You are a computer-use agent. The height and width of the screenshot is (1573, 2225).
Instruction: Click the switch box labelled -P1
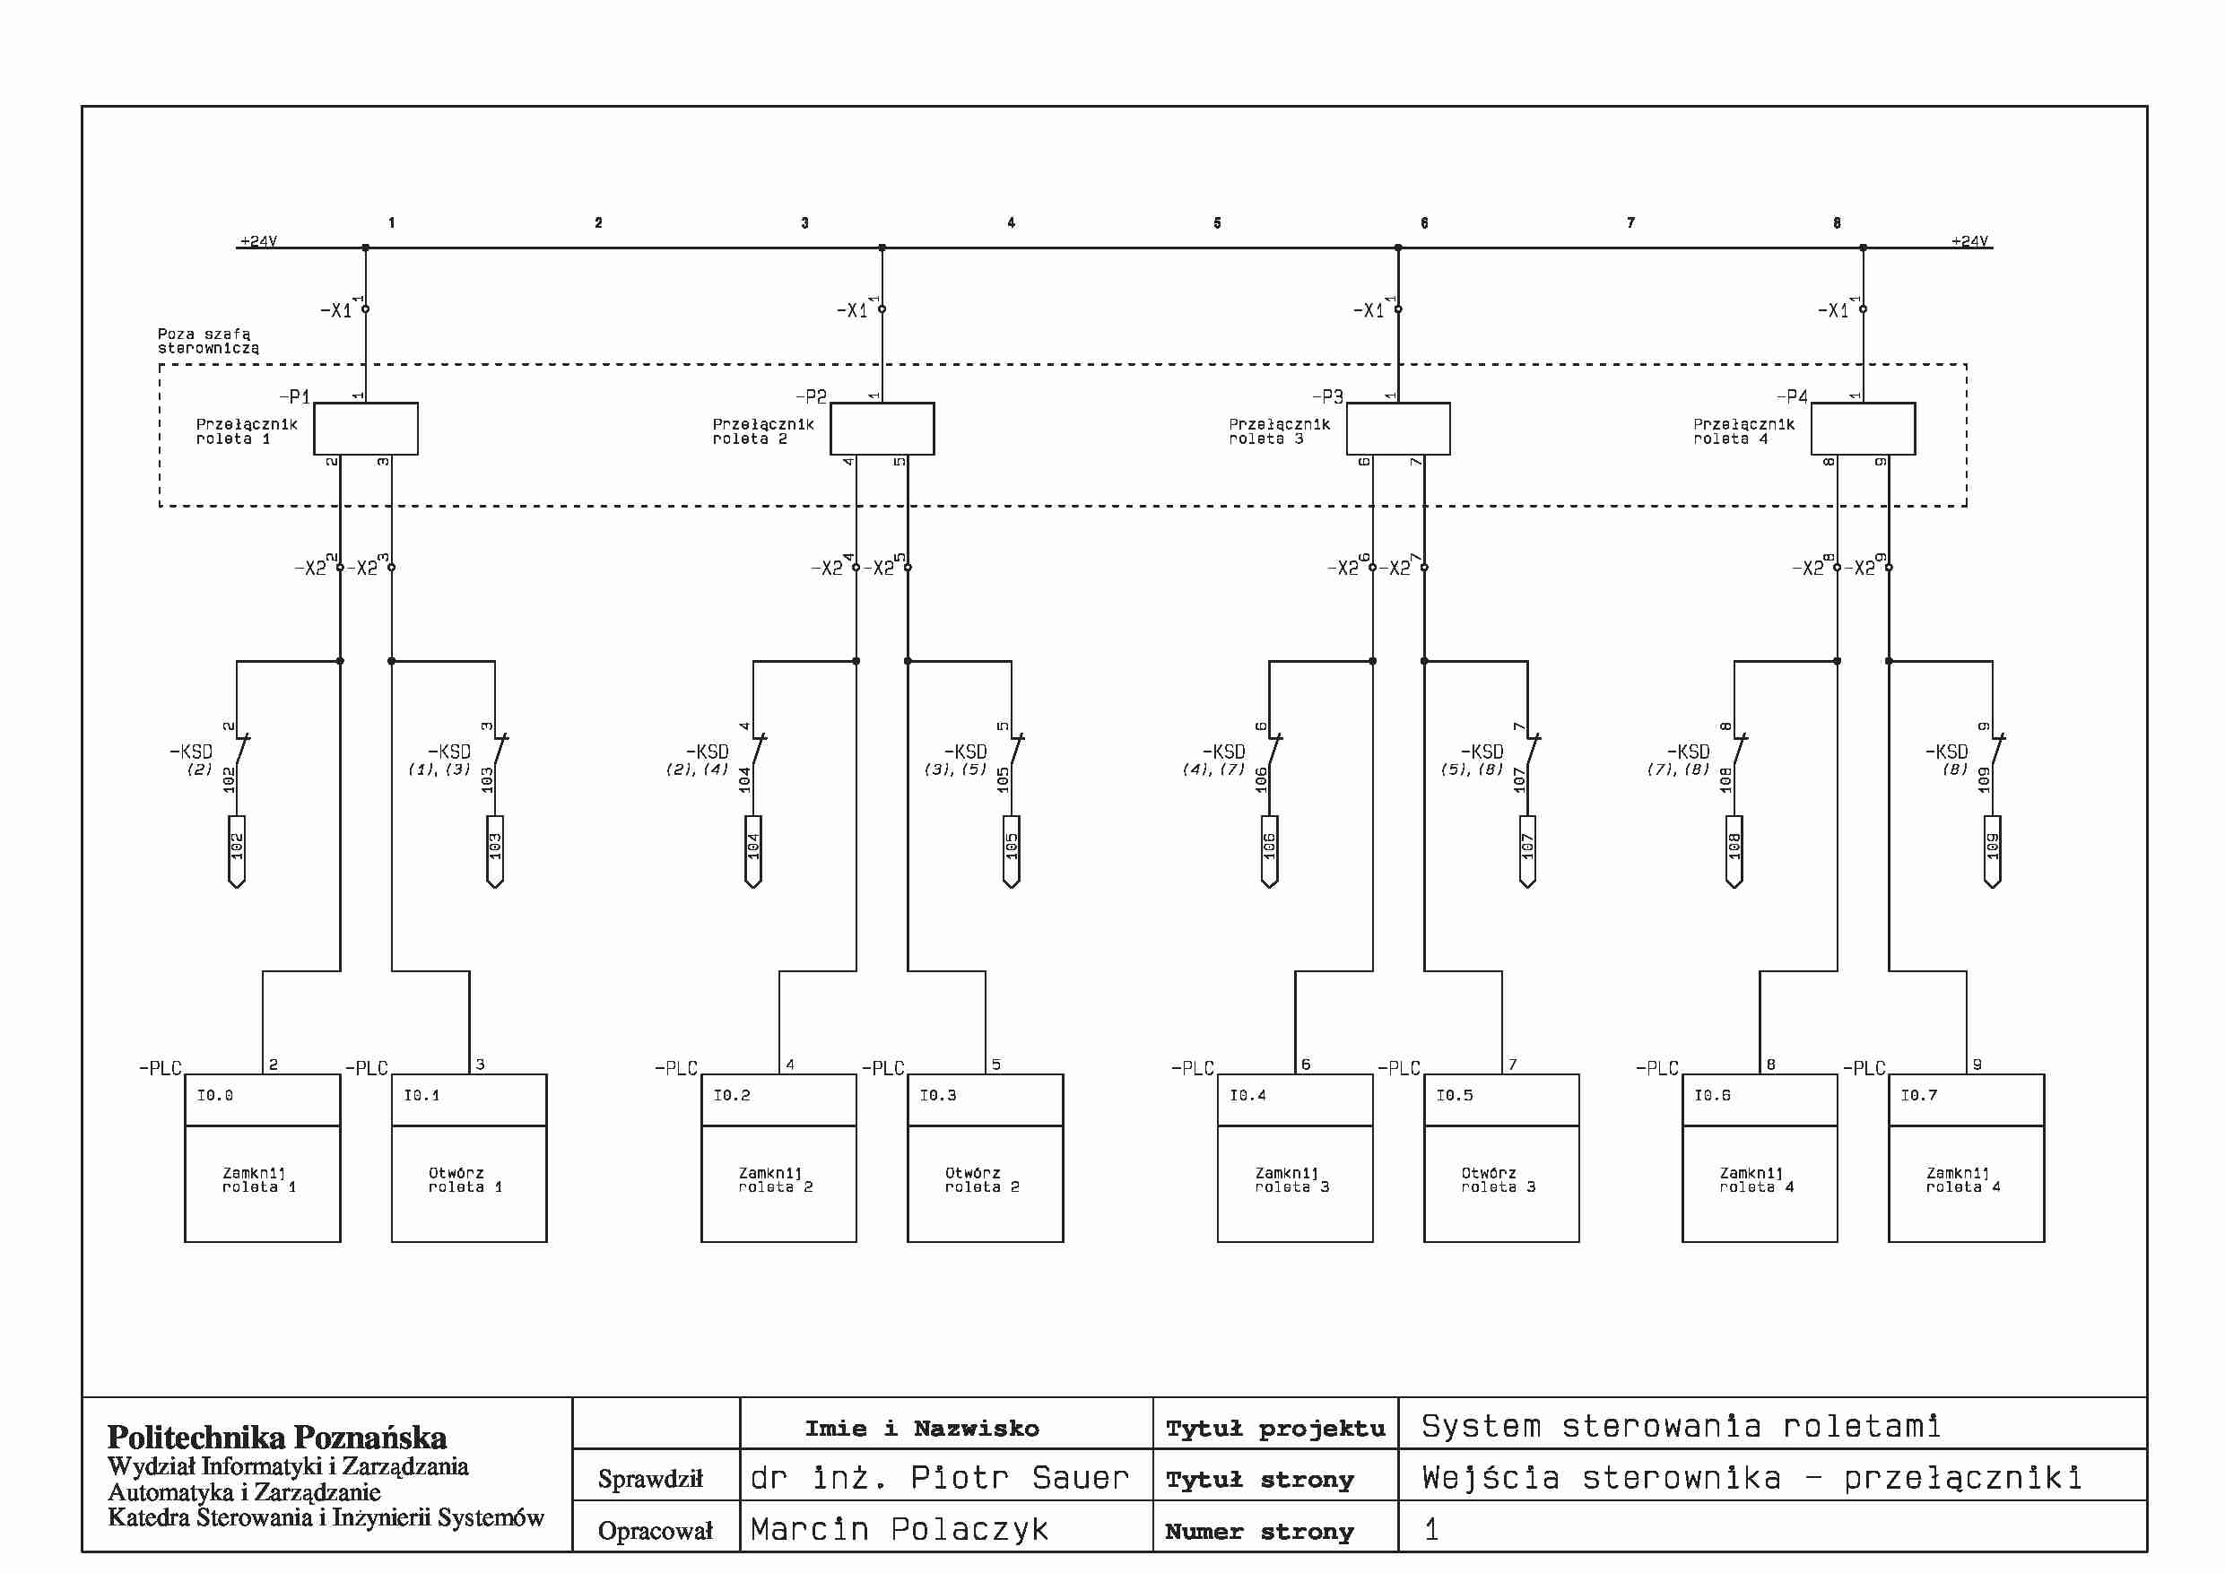click(365, 429)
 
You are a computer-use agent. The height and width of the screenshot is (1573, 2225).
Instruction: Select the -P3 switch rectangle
click(1397, 429)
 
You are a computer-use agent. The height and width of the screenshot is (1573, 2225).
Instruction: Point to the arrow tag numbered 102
click(237, 851)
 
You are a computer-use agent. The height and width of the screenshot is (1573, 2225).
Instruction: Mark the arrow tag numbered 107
click(1527, 851)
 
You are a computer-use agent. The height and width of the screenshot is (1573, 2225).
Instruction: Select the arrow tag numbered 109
click(1993, 851)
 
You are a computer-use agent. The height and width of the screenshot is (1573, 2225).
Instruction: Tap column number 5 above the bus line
click(1217, 223)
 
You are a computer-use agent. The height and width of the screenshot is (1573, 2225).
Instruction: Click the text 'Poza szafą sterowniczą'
click(208, 340)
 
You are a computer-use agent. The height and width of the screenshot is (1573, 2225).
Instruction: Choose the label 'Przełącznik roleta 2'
click(762, 431)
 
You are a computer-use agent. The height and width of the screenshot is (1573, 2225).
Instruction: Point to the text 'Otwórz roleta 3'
click(1499, 1179)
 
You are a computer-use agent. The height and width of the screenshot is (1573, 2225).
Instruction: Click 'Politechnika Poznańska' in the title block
click(277, 1437)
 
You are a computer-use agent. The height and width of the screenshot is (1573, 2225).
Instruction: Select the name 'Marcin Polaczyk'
click(900, 1528)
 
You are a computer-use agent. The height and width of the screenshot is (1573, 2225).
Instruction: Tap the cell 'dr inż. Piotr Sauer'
click(939, 1477)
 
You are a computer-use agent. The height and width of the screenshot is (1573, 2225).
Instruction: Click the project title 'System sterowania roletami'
click(1681, 1426)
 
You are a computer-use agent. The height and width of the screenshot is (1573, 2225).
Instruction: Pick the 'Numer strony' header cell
click(1259, 1530)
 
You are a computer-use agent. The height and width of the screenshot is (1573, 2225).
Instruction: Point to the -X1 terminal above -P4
click(1863, 309)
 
